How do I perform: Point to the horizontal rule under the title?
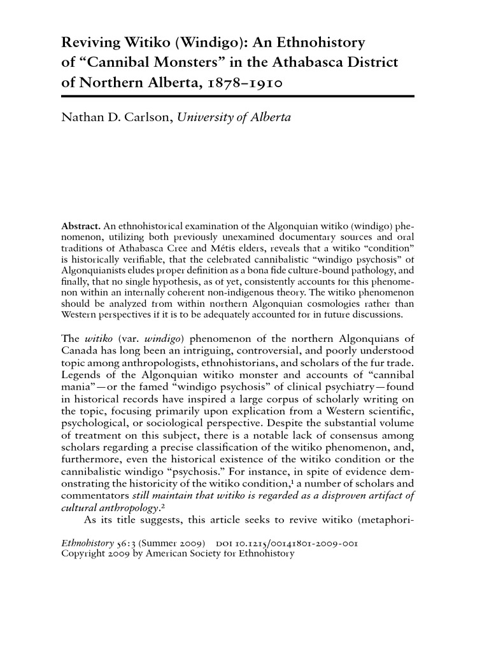[237, 96]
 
